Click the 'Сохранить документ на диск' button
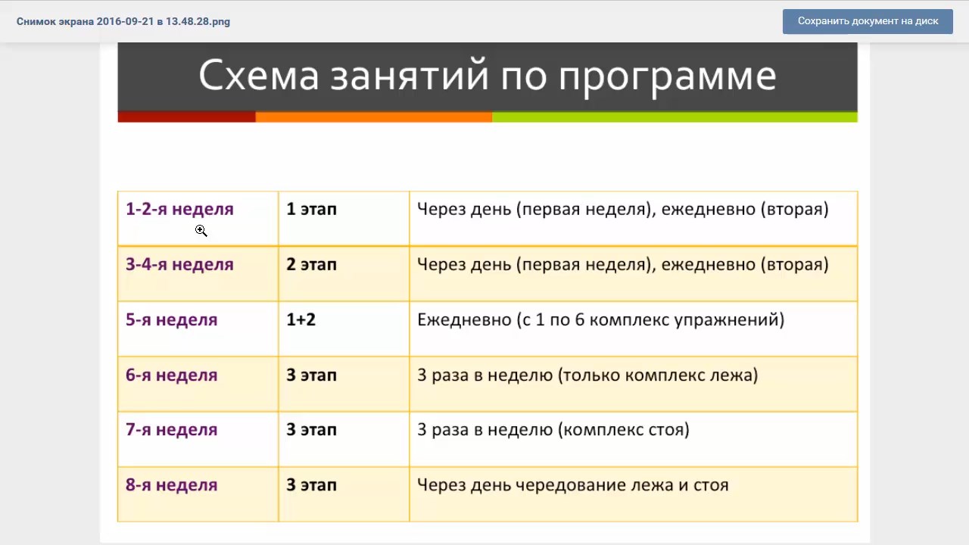click(868, 21)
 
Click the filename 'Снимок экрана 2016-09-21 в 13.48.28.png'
click(123, 22)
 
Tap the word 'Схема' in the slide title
click(259, 76)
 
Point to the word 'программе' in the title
click(668, 79)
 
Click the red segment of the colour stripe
click(186, 117)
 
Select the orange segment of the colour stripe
click(374, 117)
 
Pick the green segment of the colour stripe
click(675, 117)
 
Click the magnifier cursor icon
click(201, 231)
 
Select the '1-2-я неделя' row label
click(179, 210)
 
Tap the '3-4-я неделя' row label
click(179, 265)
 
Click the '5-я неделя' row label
click(171, 320)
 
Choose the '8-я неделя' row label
click(171, 485)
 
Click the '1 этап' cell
click(311, 210)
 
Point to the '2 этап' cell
click(311, 265)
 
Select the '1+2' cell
click(301, 320)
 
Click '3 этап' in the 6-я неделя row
click(311, 375)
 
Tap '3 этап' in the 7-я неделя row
click(311, 430)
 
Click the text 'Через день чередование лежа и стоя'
click(573, 485)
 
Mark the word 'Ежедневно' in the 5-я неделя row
click(464, 320)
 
